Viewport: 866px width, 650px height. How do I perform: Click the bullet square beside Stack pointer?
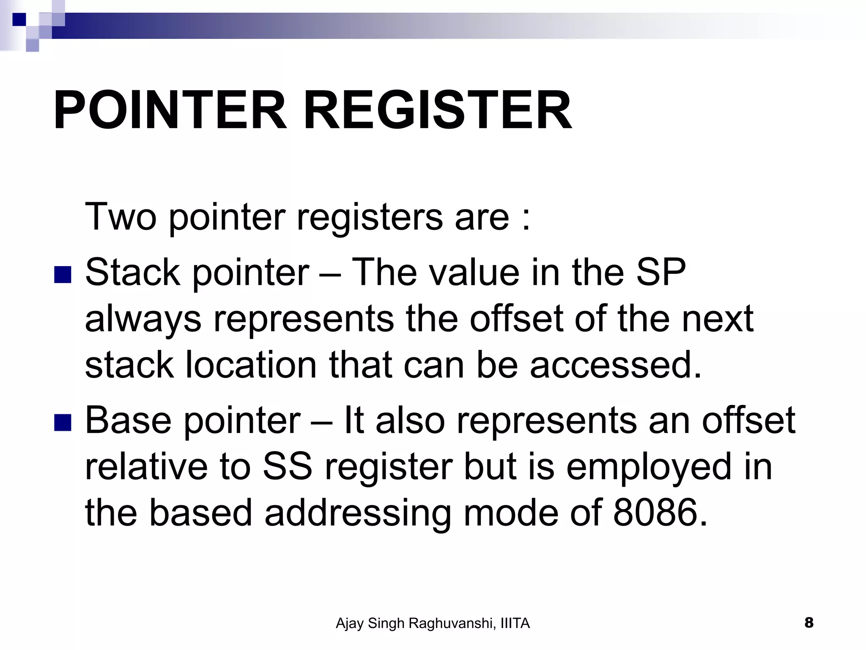pos(63,275)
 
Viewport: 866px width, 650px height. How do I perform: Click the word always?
pos(143,319)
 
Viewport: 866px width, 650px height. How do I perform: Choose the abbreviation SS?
pos(288,467)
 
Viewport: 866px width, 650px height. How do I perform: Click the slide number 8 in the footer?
pos(809,622)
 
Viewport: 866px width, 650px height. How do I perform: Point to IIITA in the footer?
pos(515,623)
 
